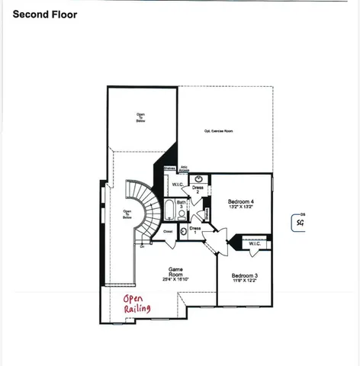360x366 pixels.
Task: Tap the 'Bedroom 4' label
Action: (x=241, y=202)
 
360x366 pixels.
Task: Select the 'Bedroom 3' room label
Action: (x=244, y=275)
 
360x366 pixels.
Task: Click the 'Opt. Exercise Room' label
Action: (x=218, y=130)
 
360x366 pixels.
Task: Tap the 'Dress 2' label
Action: (x=197, y=190)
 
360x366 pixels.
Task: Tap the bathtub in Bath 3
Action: (x=169, y=209)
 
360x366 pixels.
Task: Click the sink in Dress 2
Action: (x=197, y=179)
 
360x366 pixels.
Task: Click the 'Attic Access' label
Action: (x=184, y=170)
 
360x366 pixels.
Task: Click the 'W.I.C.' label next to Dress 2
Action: (x=176, y=185)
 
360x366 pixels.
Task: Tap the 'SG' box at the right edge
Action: (x=300, y=223)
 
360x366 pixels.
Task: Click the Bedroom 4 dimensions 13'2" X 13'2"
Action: (x=241, y=208)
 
